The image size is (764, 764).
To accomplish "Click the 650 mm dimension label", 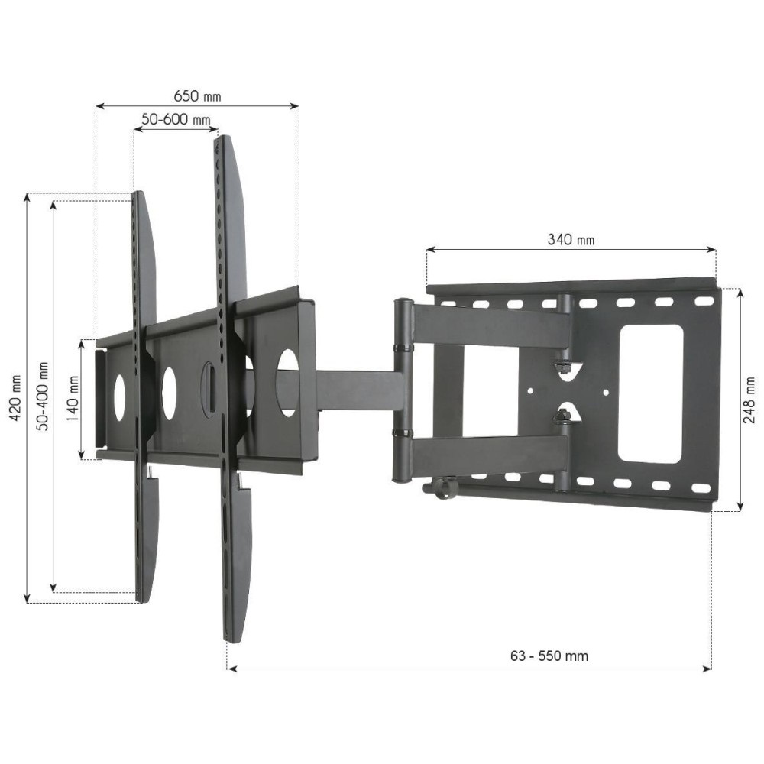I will point(197,96).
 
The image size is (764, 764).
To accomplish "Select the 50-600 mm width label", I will point(176,120).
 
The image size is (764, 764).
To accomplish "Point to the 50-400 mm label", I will point(43,397).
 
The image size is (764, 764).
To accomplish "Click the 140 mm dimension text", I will point(71,398).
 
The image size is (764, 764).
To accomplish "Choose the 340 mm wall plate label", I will point(571,239).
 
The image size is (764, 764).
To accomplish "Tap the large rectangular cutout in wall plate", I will point(649,393).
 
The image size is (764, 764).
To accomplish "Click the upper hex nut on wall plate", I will point(564,368).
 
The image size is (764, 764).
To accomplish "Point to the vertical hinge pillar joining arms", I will point(402,391).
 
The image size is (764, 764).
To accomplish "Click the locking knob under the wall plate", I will point(442,487).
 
